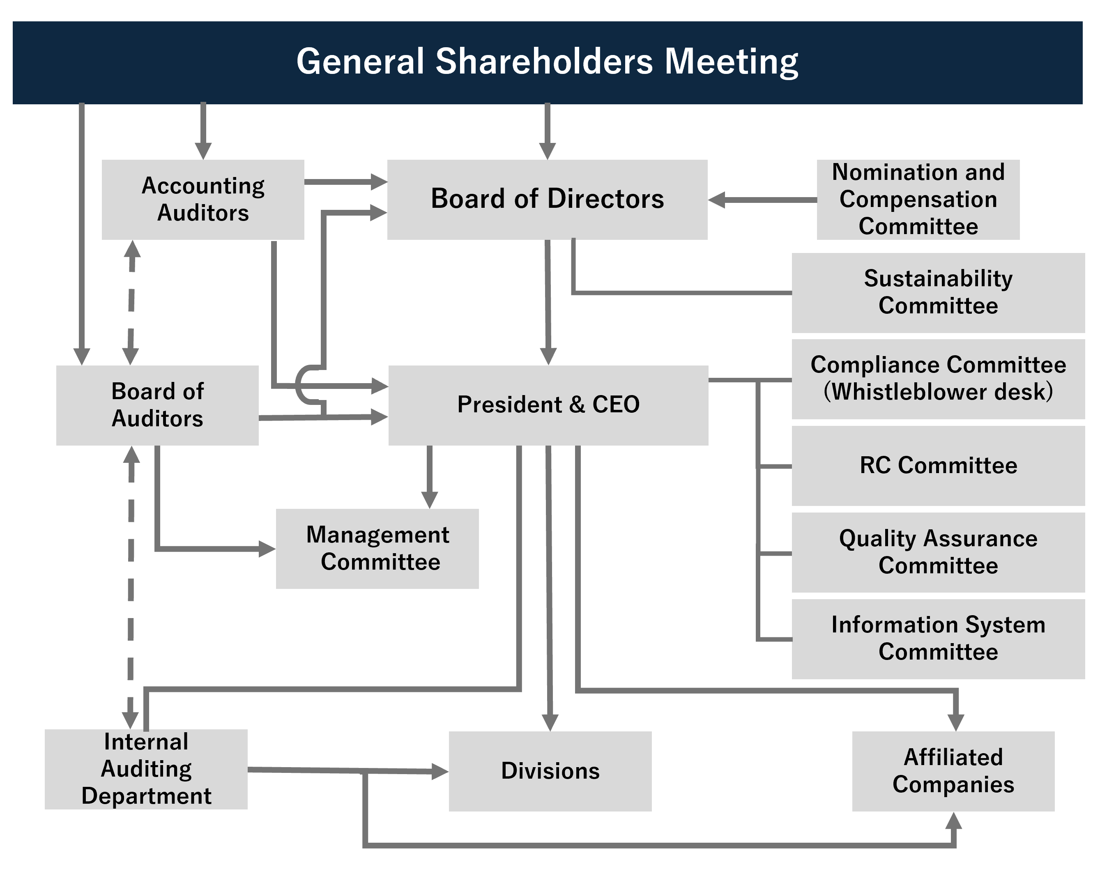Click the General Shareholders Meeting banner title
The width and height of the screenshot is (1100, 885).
[547, 62]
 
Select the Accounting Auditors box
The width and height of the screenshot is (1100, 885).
[203, 200]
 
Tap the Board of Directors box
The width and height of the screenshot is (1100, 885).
[547, 200]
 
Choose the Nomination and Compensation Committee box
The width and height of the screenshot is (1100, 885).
[918, 200]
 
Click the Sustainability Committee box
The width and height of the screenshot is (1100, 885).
[938, 292]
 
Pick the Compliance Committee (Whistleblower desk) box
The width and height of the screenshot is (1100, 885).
[938, 379]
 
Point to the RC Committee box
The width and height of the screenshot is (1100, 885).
[938, 465]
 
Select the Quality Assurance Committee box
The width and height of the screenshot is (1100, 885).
[938, 552]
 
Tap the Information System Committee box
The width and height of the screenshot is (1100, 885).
[938, 638]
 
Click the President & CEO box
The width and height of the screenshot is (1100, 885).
[548, 405]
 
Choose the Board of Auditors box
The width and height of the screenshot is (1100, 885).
[157, 405]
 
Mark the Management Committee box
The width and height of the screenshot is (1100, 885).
[377, 548]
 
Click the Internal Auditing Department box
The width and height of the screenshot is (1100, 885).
[146, 769]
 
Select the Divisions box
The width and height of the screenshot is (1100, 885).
[550, 771]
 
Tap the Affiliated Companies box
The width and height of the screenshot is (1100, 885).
[953, 771]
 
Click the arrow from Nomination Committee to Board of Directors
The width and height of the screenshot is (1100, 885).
[762, 200]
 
